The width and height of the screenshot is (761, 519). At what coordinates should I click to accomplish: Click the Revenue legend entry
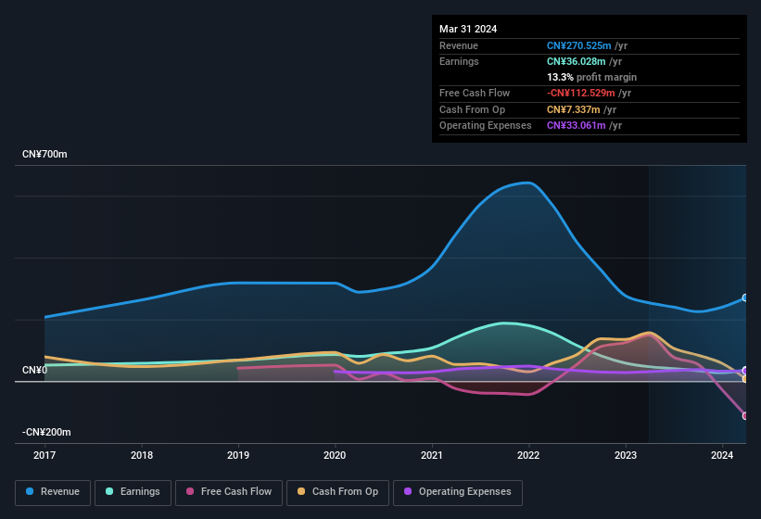pyautogui.click(x=53, y=492)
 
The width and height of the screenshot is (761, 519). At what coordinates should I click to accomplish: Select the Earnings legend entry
pyautogui.click(x=133, y=492)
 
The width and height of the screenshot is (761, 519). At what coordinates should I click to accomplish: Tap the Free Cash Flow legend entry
pyautogui.click(x=229, y=492)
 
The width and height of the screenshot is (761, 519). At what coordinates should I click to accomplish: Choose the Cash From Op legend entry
pyautogui.click(x=337, y=492)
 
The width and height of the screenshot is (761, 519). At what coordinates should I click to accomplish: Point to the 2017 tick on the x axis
pyautogui.click(x=44, y=455)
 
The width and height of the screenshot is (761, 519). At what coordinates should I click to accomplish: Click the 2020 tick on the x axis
pyautogui.click(x=335, y=455)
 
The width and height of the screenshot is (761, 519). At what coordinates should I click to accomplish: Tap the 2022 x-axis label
pyautogui.click(x=528, y=455)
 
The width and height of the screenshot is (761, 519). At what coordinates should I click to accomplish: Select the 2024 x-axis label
pyautogui.click(x=722, y=455)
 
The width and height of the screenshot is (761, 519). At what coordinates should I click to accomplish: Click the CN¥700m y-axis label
pyautogui.click(x=44, y=154)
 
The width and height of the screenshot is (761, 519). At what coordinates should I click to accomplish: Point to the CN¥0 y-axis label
pyautogui.click(x=35, y=370)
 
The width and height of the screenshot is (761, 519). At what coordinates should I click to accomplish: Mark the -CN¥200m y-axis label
pyautogui.click(x=46, y=432)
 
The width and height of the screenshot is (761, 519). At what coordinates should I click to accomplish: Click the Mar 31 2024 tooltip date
pyautogui.click(x=468, y=29)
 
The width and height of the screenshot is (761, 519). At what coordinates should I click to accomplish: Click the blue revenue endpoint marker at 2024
pyautogui.click(x=745, y=298)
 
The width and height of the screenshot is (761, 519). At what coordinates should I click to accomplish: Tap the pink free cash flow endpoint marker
pyautogui.click(x=745, y=415)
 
